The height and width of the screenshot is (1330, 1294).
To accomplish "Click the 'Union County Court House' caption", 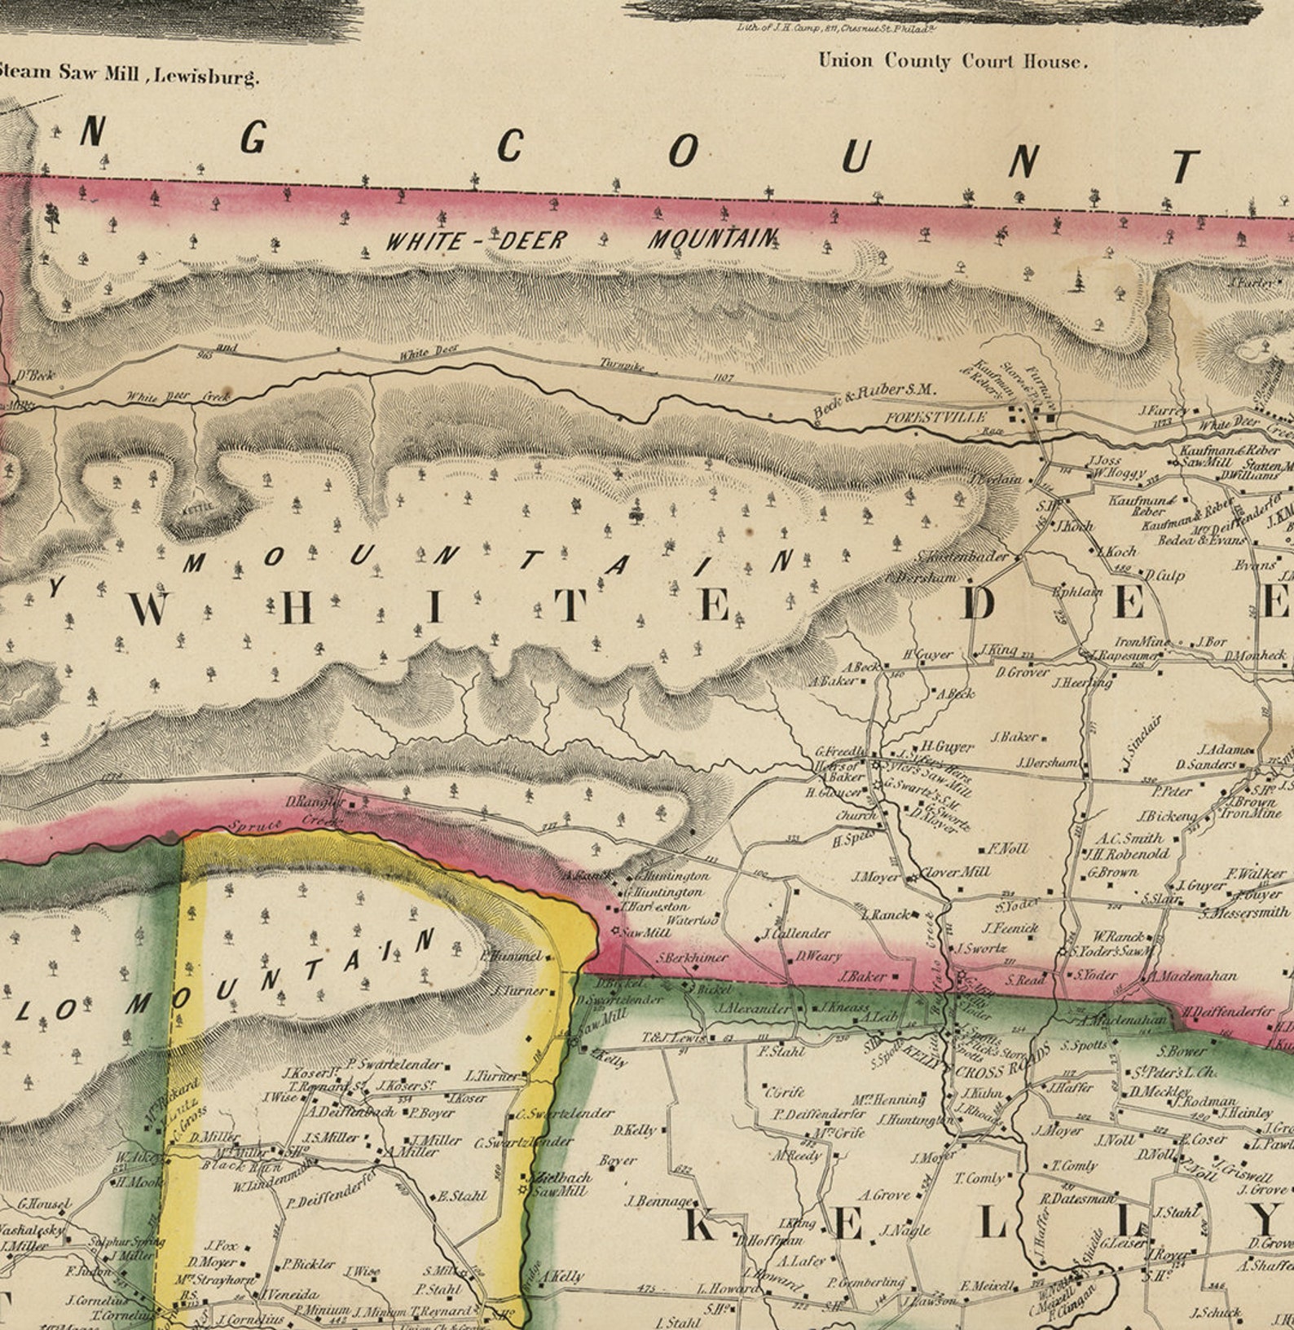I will point(952,61).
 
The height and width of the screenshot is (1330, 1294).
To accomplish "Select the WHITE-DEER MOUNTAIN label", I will point(581,240).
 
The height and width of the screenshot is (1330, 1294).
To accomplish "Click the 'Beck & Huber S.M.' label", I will point(874,399).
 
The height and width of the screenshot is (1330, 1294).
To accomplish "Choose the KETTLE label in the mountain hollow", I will point(199,507).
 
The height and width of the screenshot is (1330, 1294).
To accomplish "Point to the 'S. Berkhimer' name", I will point(692,958).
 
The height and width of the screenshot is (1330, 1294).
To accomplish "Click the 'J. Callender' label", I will point(796,933).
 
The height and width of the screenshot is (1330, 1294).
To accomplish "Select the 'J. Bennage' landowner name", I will point(659,1201).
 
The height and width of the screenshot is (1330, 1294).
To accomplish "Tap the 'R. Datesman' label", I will point(1076,1198).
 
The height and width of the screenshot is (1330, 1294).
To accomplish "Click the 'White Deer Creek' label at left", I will point(178,397).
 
